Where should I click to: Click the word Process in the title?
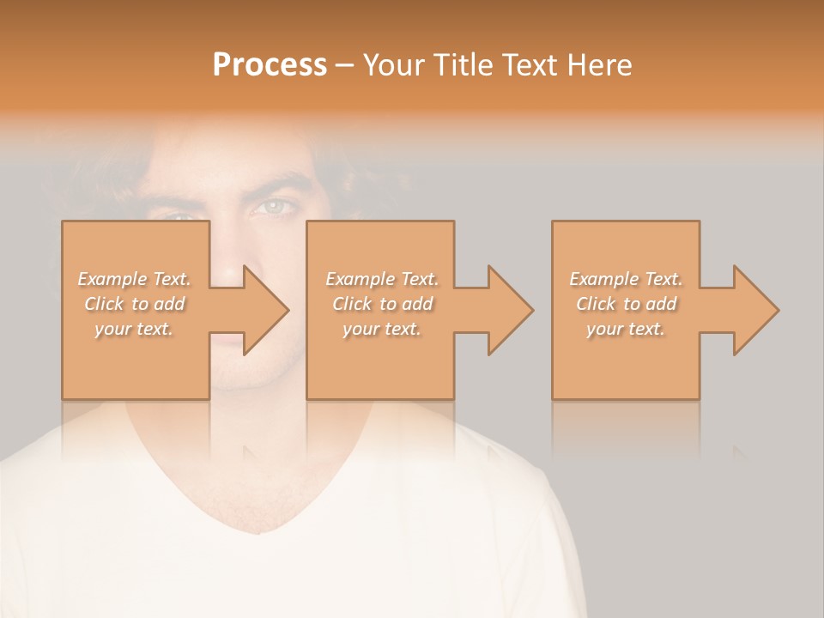tap(270, 65)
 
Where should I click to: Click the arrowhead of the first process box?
tap(266, 310)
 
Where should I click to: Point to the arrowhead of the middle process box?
tap(511, 310)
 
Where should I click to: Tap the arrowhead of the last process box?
tap(756, 310)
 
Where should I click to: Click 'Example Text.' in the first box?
tap(135, 279)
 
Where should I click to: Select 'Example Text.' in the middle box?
tap(382, 279)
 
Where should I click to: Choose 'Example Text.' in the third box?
tap(626, 279)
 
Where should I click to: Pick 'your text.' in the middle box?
tap(382, 329)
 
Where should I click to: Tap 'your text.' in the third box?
tap(626, 329)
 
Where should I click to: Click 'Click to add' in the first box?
tap(135, 304)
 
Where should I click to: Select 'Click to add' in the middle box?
tap(382, 304)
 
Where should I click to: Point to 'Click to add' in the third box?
tap(626, 304)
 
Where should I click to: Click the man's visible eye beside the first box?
tap(274, 207)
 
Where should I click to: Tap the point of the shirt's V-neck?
tap(257, 533)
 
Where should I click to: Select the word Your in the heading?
tap(393, 65)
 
